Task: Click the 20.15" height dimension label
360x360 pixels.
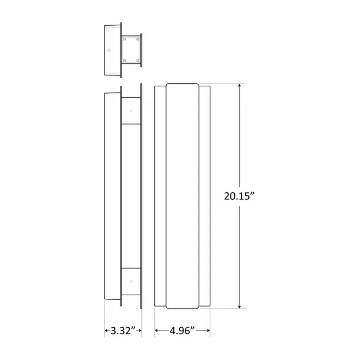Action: (x=239, y=196)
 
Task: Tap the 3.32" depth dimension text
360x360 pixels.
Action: (x=123, y=331)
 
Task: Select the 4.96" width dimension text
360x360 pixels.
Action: (x=182, y=331)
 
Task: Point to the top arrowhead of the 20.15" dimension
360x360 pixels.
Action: (x=240, y=86)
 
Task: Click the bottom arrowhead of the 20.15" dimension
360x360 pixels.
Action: (x=240, y=307)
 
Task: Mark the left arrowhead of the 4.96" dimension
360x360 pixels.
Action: (x=157, y=331)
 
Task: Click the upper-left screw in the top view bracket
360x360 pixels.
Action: (x=124, y=39)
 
